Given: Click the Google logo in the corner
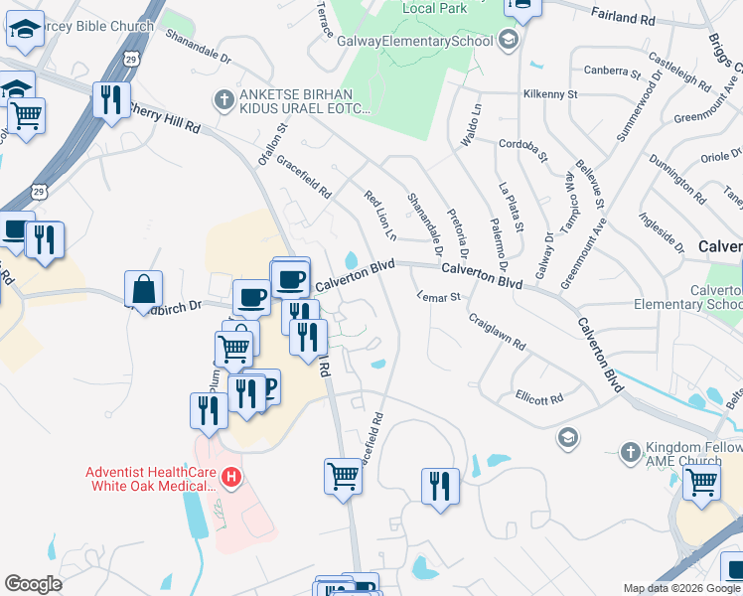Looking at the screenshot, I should [x=33, y=584].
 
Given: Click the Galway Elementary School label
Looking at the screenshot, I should [x=415, y=41].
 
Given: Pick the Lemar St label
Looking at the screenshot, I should [x=439, y=296].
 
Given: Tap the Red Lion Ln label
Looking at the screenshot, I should [x=379, y=217].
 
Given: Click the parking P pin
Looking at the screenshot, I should [x=267, y=385].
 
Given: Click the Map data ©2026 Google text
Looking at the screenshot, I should [x=681, y=588].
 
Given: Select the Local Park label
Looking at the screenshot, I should [x=435, y=8].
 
